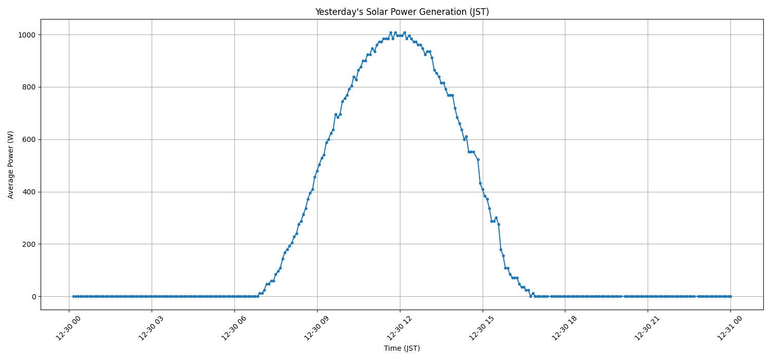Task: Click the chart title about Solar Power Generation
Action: (402, 12)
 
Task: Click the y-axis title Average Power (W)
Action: (11, 165)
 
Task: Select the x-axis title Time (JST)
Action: (402, 348)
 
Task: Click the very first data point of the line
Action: (74, 296)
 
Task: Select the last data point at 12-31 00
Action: (730, 296)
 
